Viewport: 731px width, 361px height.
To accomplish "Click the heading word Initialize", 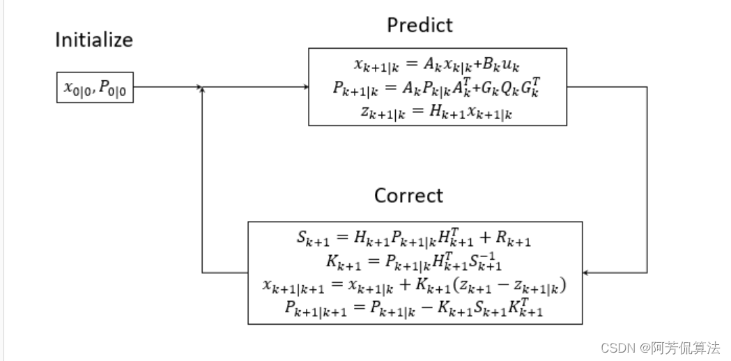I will pos(94,40).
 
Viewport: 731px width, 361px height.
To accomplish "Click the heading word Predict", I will pos(420,26).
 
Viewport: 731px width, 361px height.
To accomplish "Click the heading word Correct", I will pos(408,196).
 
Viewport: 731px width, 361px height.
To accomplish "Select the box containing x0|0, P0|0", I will pos(95,87).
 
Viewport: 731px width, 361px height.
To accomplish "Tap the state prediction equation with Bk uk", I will pos(437,66).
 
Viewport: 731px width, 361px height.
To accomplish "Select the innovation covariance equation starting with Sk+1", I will pos(415,238).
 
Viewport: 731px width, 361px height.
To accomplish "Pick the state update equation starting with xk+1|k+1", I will pos(415,286).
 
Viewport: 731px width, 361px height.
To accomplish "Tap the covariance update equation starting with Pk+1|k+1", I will pos(415,309).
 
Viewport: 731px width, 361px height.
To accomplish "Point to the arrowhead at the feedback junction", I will pos(202,89).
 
